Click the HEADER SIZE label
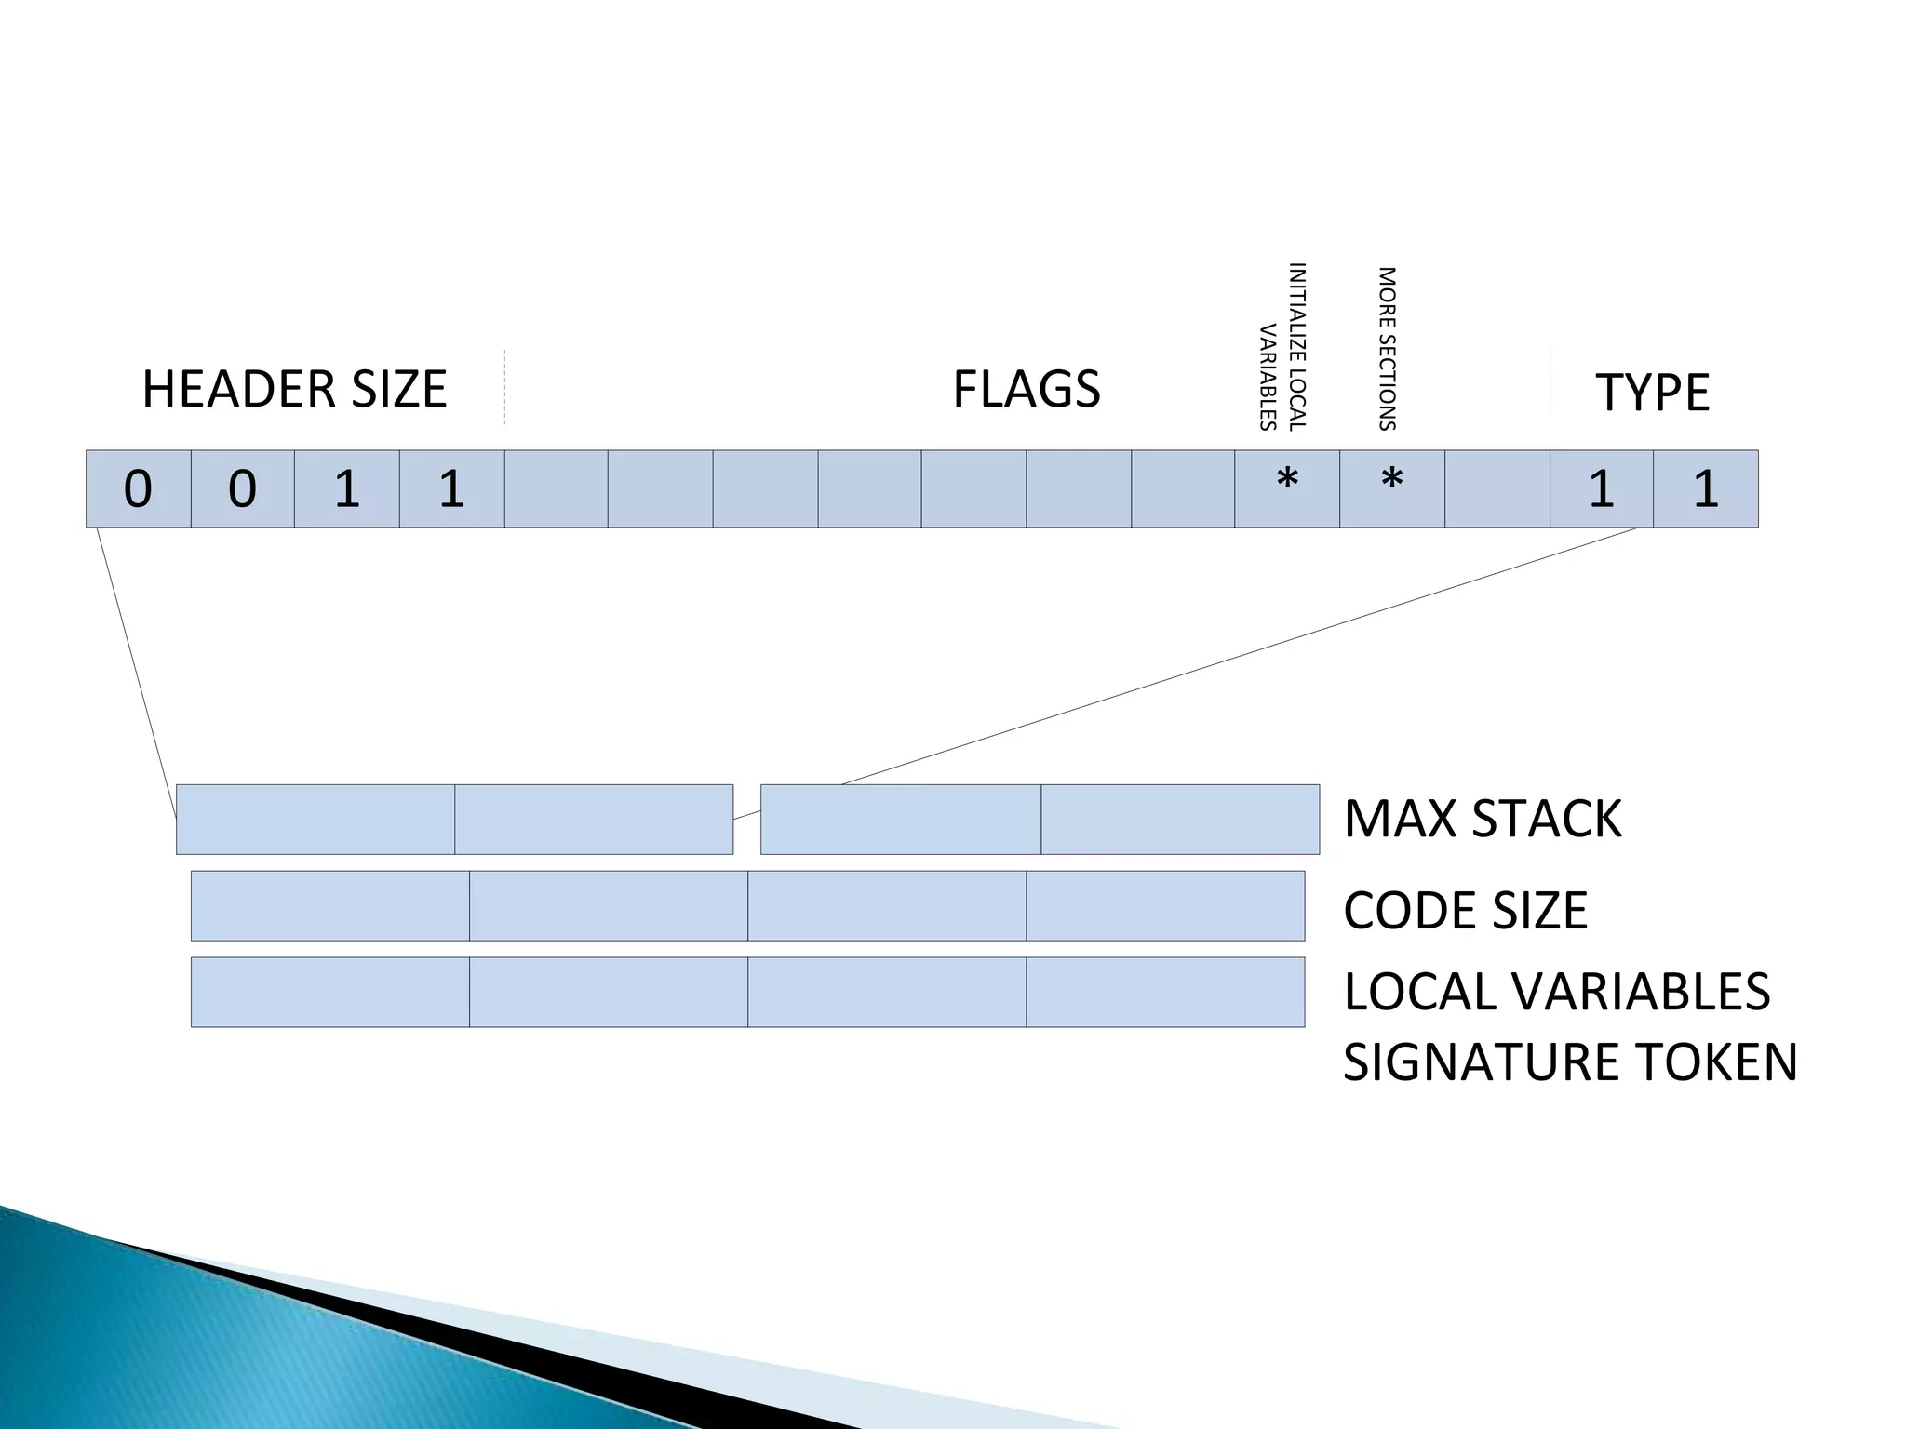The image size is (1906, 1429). [294, 389]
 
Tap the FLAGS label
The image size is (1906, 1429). [1026, 389]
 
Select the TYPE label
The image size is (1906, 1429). [1652, 392]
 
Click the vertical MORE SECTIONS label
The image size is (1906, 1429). [1387, 349]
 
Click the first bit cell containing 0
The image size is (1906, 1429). [138, 488]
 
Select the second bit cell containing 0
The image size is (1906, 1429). [242, 488]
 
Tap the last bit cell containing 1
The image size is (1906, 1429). [1705, 488]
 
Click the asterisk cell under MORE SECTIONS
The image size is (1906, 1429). [1391, 488]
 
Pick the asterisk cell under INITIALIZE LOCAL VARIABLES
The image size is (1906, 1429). [1287, 488]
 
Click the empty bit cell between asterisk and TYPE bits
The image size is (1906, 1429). [1497, 488]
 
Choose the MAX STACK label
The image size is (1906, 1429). [1483, 819]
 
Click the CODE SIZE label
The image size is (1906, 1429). [1465, 910]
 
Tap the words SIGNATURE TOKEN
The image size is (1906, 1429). [1570, 1062]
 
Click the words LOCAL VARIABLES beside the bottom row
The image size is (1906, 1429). [1556, 991]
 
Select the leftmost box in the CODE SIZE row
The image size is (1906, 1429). [329, 906]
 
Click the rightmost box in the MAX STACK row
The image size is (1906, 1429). [1179, 819]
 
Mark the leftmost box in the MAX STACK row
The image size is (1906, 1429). [315, 819]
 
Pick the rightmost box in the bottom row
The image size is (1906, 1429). [1165, 992]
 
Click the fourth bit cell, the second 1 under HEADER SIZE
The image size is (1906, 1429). [451, 488]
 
